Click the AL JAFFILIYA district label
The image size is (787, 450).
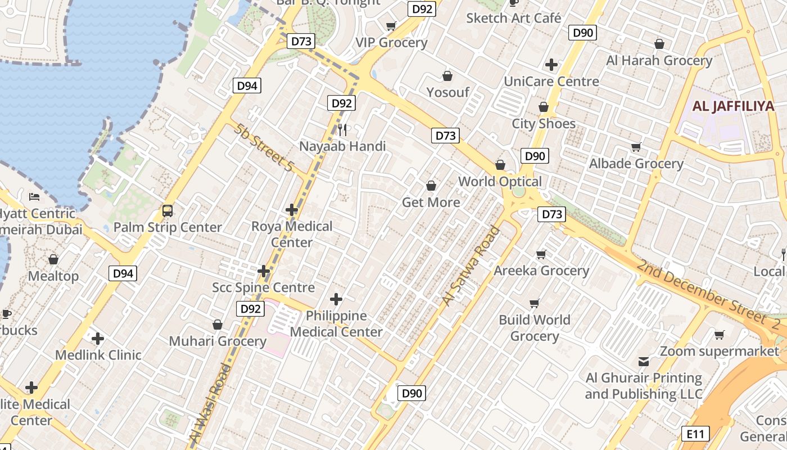(733, 106)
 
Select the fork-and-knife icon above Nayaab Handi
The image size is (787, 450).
(343, 130)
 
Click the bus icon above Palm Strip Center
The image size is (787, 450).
(168, 211)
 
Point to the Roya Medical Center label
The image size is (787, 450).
(292, 234)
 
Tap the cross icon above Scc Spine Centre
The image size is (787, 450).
(264, 272)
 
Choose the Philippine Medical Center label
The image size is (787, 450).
(336, 323)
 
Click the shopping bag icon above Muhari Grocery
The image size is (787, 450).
(218, 325)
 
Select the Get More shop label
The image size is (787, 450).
(431, 202)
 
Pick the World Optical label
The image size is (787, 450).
(500, 181)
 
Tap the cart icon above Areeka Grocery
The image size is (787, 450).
(541, 254)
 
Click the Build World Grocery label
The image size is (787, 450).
(534, 328)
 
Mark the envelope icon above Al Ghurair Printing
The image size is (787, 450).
(644, 361)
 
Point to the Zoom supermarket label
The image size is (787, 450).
(720, 352)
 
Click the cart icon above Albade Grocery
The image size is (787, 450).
(636, 147)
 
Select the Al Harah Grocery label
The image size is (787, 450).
(659, 60)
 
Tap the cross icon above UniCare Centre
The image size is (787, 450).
(551, 65)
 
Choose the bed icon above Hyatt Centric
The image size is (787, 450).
(34, 197)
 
